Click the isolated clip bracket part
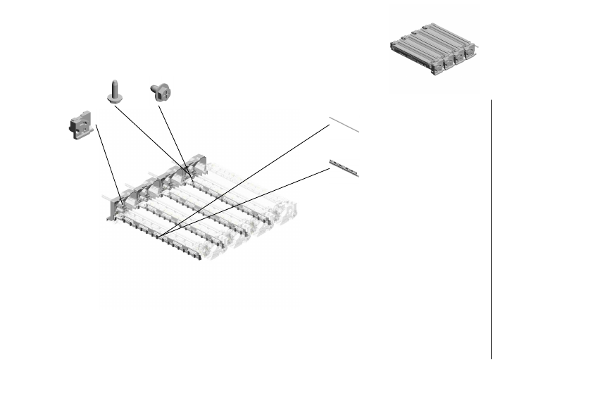coord(82,125)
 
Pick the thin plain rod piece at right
coord(344,125)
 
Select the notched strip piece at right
coord(344,168)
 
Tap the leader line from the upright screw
coord(151,137)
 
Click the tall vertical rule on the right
coord(491,229)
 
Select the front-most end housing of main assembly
coord(116,208)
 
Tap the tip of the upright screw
coord(113,81)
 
